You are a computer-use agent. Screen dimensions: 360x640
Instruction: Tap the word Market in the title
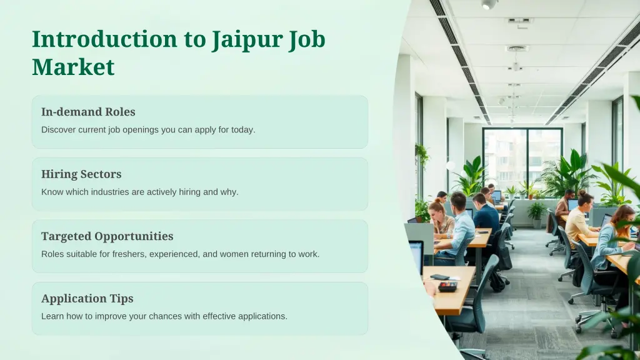tap(73, 67)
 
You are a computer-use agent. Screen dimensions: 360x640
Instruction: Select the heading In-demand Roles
tap(88, 112)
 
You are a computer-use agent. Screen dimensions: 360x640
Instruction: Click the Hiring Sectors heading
tap(81, 174)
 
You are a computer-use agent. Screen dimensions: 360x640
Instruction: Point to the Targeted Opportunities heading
tap(107, 236)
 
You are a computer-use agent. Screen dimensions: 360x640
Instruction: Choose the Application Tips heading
tap(87, 299)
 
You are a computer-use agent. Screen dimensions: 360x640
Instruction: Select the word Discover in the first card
tap(58, 130)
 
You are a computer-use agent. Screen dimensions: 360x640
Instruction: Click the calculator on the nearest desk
tap(447, 286)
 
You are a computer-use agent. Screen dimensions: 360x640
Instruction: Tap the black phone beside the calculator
tap(439, 277)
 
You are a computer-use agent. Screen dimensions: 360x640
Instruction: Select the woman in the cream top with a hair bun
tap(578, 219)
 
